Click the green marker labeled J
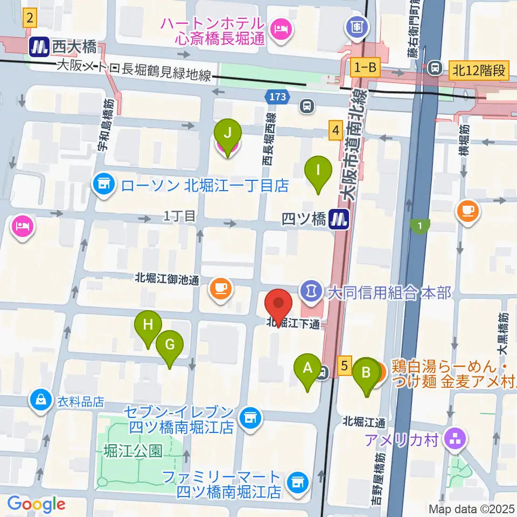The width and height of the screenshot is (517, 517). coord(228,132)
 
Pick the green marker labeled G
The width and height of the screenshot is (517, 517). coord(170,344)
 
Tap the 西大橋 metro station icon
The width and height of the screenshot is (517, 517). coord(38,47)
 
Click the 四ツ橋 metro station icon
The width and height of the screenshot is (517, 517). coord(339,219)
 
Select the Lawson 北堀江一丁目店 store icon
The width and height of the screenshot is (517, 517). coord(104,186)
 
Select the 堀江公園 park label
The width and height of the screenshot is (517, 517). coord(133,450)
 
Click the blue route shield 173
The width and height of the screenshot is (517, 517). coord(277,97)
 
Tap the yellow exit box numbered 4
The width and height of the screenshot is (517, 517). coord(336,130)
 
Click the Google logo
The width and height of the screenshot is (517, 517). coord(37,504)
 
